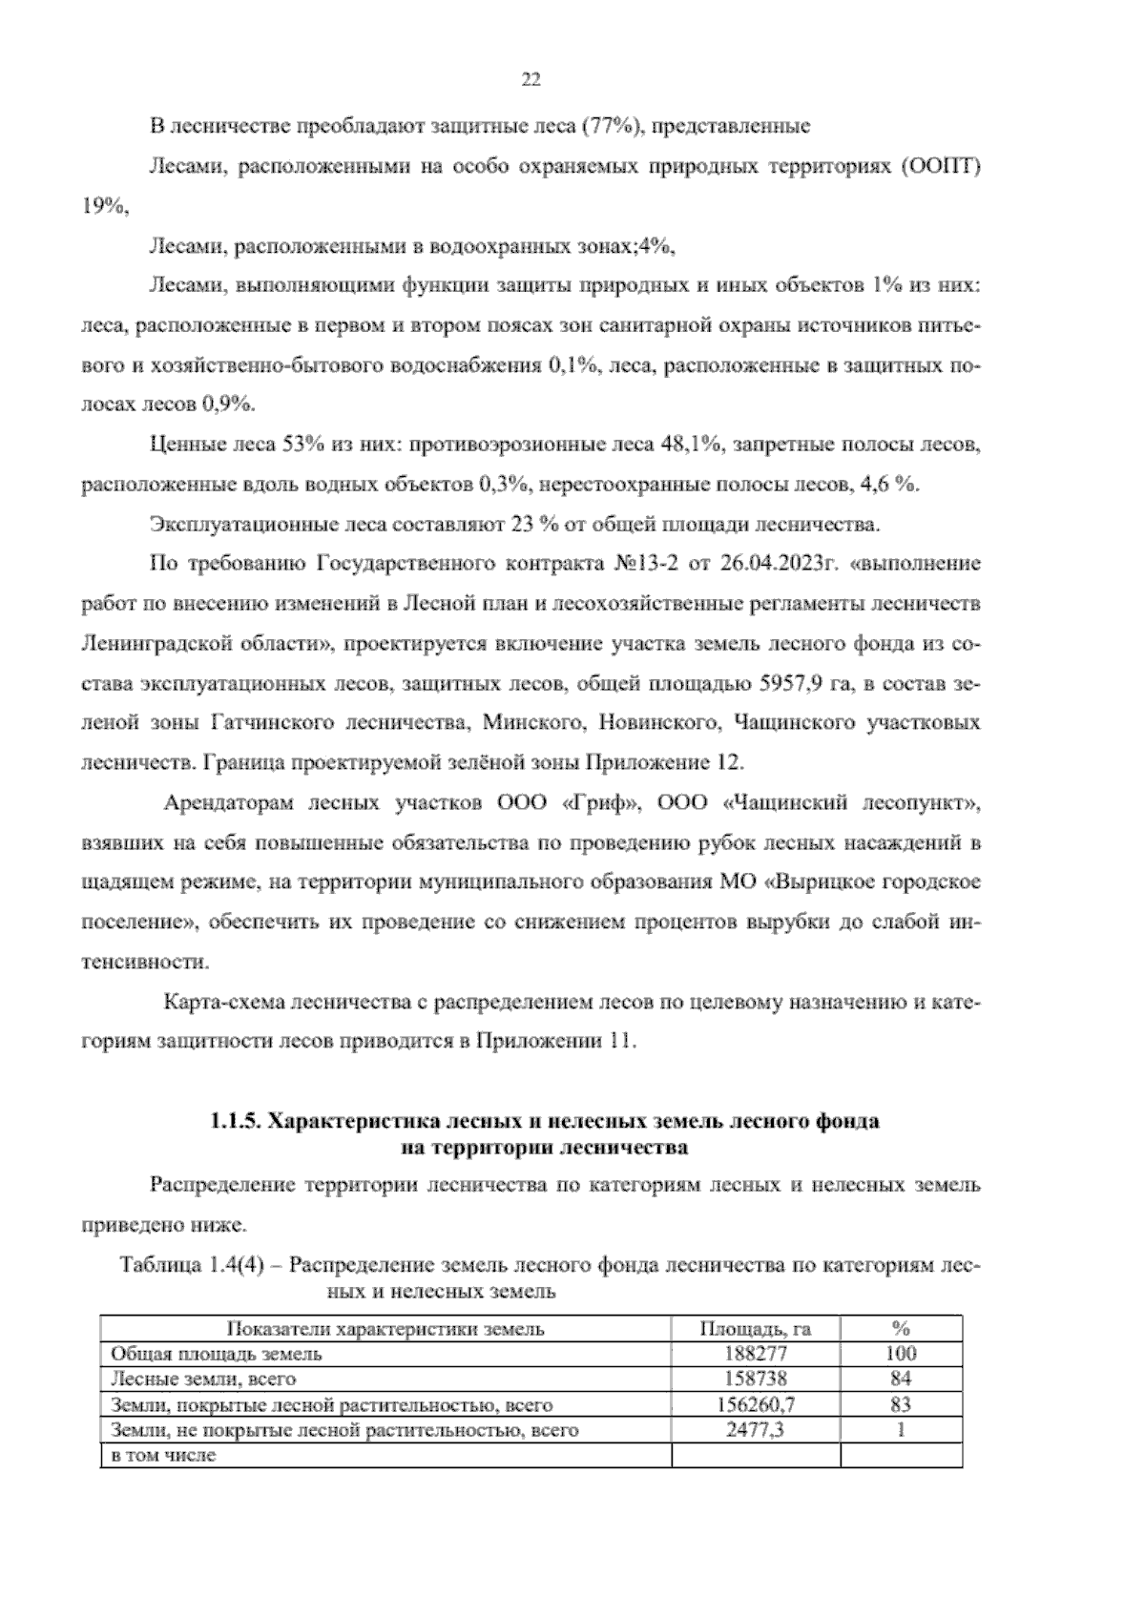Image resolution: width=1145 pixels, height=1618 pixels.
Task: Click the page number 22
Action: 531,81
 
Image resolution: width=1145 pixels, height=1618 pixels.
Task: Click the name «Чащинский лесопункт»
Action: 852,803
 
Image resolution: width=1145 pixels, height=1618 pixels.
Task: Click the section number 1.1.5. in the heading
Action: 236,1122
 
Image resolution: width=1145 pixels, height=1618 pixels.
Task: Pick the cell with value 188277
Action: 756,1354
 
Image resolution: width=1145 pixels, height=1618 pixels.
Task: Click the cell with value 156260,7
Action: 756,1404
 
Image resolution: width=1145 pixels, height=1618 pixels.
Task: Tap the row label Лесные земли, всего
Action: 203,1379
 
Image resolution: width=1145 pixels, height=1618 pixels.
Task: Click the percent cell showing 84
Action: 901,1379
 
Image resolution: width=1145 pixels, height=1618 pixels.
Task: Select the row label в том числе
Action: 163,1456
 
